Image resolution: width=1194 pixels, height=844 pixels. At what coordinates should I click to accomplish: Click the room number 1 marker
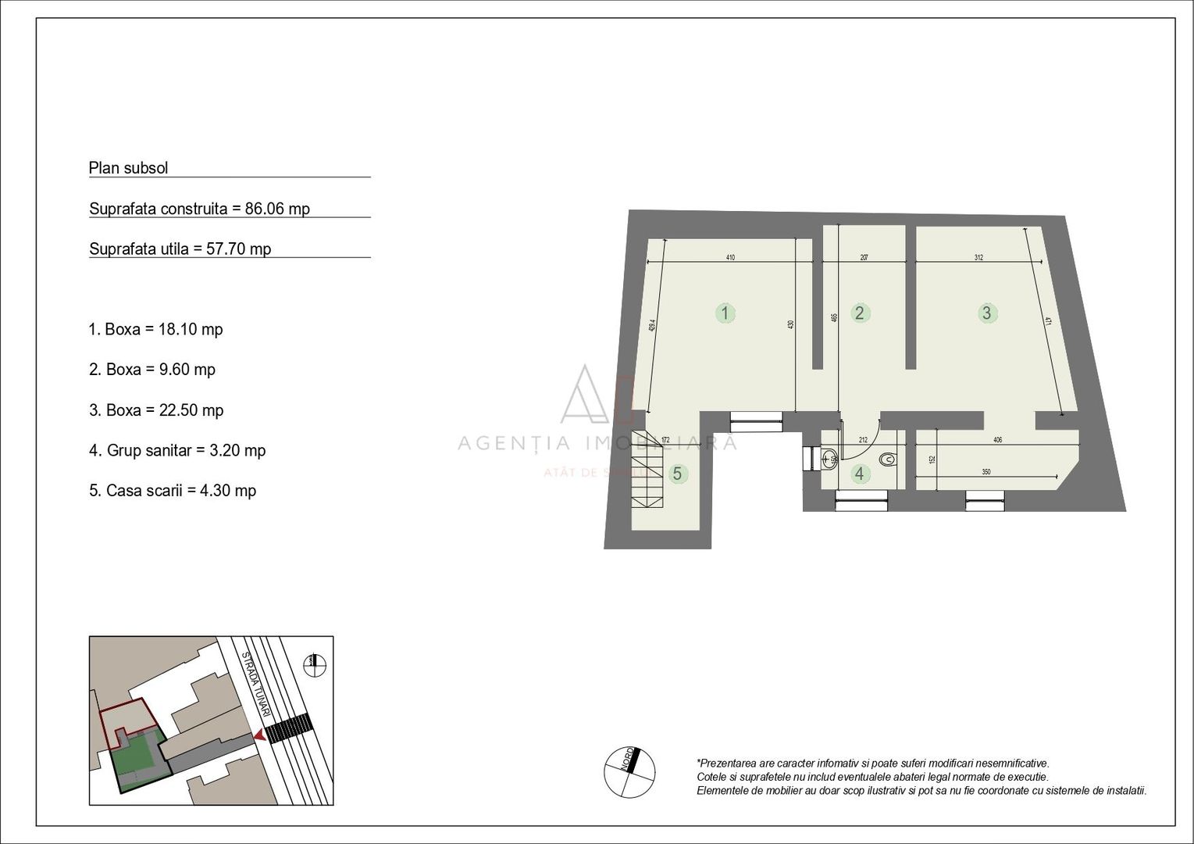click(x=725, y=313)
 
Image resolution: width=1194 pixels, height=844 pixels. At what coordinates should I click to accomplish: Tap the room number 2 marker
click(x=860, y=313)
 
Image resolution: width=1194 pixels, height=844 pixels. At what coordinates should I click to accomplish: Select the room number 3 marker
click(x=987, y=313)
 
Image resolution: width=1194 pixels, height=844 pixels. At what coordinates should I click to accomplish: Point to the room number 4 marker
click(x=860, y=474)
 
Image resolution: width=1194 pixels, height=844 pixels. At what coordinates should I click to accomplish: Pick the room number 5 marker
click(x=677, y=474)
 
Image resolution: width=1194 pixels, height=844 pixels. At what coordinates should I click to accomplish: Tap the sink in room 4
click(x=830, y=458)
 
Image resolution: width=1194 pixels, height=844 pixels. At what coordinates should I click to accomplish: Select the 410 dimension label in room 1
click(x=730, y=257)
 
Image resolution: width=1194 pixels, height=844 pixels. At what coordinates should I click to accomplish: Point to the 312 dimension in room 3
click(x=978, y=257)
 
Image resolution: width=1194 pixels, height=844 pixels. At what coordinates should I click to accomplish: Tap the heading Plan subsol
click(x=129, y=168)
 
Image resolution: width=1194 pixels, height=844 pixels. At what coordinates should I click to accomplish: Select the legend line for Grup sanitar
click(x=177, y=451)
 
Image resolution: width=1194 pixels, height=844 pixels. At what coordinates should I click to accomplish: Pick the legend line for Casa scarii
click(x=173, y=491)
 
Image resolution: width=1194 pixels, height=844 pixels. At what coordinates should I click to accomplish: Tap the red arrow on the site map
click(x=258, y=735)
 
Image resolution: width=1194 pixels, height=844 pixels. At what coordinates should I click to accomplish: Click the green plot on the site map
click(x=137, y=757)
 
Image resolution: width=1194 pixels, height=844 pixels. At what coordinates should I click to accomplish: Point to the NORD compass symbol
click(x=629, y=772)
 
